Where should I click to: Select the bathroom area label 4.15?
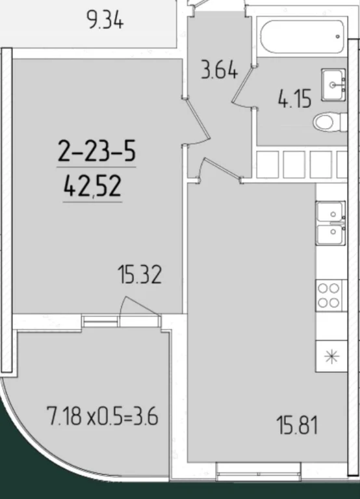pyautogui.click(x=294, y=99)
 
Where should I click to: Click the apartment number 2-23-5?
pyautogui.click(x=97, y=151)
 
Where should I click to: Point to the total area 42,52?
pyautogui.click(x=93, y=186)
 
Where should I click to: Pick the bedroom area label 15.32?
pyautogui.click(x=140, y=275)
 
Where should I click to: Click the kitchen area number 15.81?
pyautogui.click(x=297, y=426)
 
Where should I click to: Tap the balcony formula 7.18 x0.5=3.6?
pyautogui.click(x=102, y=416)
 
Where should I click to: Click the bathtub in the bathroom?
pyautogui.click(x=302, y=38)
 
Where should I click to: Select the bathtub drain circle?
pyautogui.click(x=338, y=36)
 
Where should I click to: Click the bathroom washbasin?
pyautogui.click(x=333, y=84)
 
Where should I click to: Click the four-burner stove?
pyautogui.click(x=329, y=296)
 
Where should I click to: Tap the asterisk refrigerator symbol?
pyautogui.click(x=331, y=356)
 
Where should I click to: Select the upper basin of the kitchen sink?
pyautogui.click(x=331, y=212)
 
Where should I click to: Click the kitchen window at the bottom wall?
pyautogui.click(x=258, y=472)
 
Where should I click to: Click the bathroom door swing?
pyautogui.click(x=242, y=86)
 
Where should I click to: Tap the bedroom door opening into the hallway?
pyautogui.click(x=197, y=121)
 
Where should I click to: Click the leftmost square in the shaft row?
pyautogui.click(x=267, y=164)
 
